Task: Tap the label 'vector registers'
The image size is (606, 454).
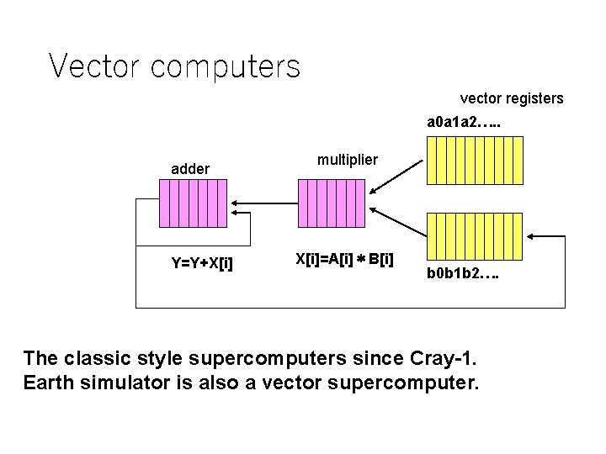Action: coord(512,98)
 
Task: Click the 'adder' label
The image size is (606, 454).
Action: coord(190,169)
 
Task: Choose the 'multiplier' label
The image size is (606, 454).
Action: coord(348,159)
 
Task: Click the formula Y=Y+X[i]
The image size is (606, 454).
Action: coord(202,263)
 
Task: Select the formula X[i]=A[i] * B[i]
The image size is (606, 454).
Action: coord(344,258)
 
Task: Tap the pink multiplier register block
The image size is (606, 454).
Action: coord(332,203)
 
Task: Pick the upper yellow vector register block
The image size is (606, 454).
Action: coord(475,160)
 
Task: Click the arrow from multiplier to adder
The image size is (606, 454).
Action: coord(264,203)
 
